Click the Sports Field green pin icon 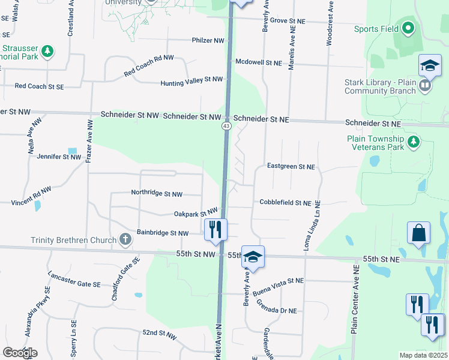[x=408, y=28]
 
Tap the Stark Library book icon [x=424, y=86]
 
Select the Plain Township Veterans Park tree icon [x=413, y=142]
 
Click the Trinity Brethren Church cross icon [x=125, y=241]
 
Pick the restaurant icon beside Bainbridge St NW [x=215, y=230]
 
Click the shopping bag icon [x=418, y=234]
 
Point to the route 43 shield [x=226, y=126]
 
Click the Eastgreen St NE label [x=291, y=166]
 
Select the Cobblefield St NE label [x=285, y=203]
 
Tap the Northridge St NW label [x=157, y=193]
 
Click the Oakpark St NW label [x=195, y=213]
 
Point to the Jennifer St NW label [x=59, y=157]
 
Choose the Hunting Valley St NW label [x=191, y=80]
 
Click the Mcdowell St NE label [x=259, y=62]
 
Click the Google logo [x=20, y=353]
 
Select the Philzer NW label [x=208, y=41]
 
